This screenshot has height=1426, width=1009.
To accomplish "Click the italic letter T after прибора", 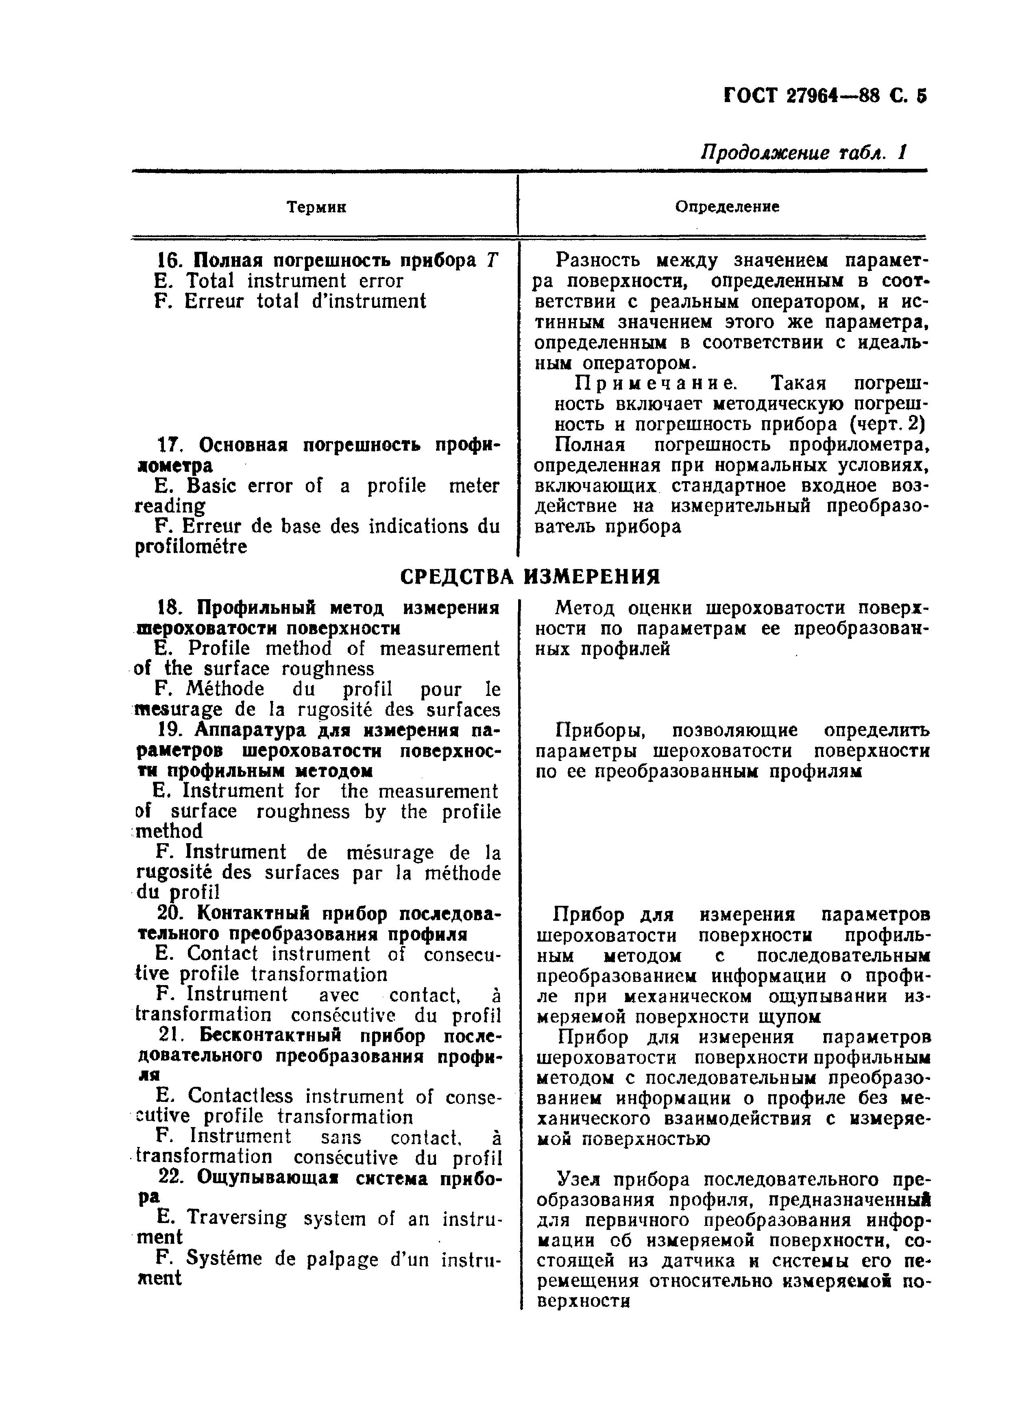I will (x=492, y=260).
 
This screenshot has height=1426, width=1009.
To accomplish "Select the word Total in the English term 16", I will (x=211, y=281).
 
